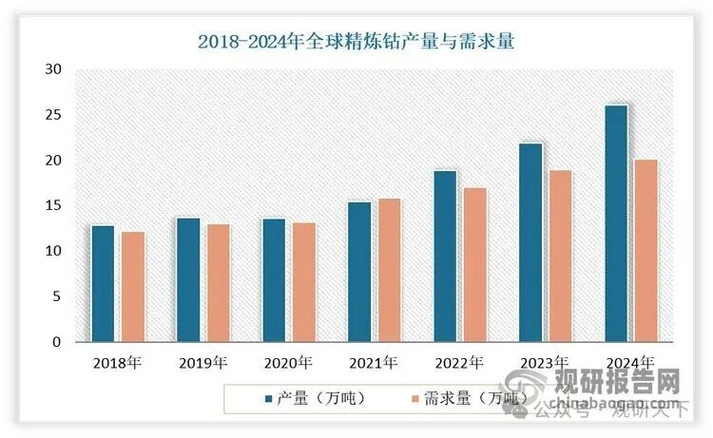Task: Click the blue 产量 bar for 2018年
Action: (102, 283)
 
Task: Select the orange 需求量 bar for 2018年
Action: (133, 287)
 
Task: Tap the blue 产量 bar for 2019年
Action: (188, 279)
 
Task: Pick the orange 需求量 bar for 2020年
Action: (303, 282)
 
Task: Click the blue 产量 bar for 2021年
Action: (358, 272)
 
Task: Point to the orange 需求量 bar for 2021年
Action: (390, 270)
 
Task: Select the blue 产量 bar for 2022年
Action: (445, 257)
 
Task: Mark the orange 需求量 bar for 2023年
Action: (561, 256)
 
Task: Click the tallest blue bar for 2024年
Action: (616, 223)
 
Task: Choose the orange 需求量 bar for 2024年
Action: (646, 251)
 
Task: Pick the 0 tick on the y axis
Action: (57, 342)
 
